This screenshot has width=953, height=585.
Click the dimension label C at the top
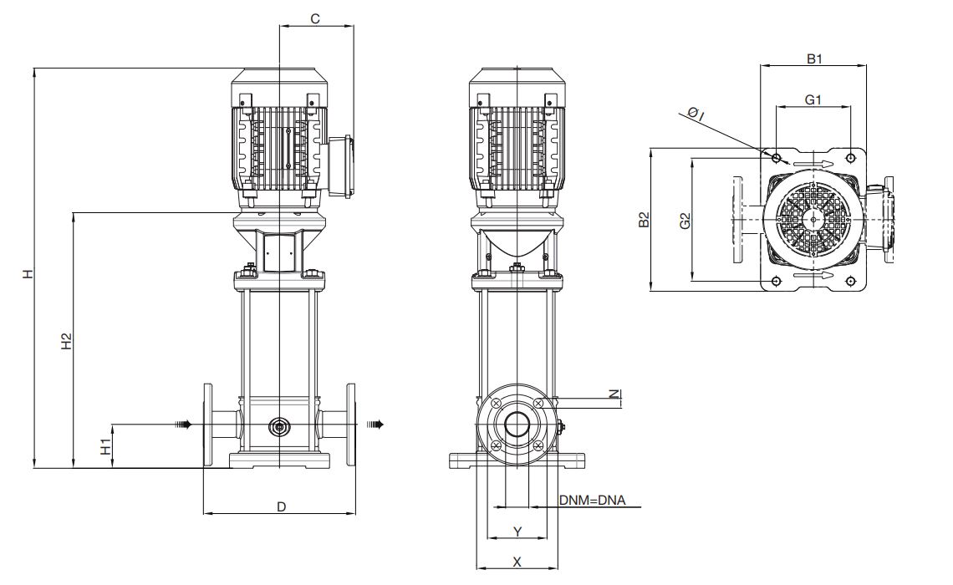point(315,19)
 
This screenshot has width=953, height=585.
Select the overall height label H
point(28,274)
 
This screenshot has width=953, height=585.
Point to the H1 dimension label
point(106,447)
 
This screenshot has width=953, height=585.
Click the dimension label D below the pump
point(282,506)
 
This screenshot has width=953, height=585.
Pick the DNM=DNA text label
point(592,501)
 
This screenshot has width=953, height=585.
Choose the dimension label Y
point(517,532)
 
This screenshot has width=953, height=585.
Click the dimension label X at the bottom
point(517,562)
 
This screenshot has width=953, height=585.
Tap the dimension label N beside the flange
point(615,394)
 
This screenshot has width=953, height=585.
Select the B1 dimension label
point(814,59)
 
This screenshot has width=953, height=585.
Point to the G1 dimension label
point(813,99)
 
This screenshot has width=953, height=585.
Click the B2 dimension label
point(645,219)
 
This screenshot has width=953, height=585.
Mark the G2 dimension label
point(685,221)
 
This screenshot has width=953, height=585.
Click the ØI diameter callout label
point(696,113)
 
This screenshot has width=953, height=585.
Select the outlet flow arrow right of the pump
point(375,424)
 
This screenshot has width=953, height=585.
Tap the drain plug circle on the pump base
point(279,427)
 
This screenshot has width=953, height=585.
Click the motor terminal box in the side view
point(341,165)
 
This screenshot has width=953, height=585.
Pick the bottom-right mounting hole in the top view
point(850,282)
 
